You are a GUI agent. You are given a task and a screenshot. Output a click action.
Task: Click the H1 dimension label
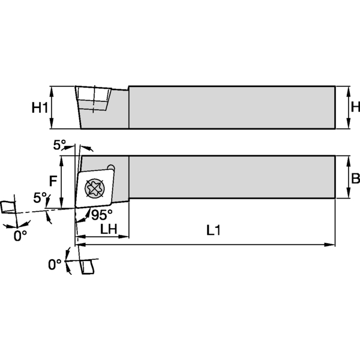pyautogui.click(x=40, y=108)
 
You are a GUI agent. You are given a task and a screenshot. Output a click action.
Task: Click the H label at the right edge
pyautogui.click(x=355, y=107)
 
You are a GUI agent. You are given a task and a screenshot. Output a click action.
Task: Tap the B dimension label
pyautogui.click(x=355, y=178)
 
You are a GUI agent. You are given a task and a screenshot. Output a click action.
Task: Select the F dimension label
pyautogui.click(x=53, y=180)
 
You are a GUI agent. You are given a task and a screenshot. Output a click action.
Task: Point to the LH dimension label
pyautogui.click(x=108, y=230)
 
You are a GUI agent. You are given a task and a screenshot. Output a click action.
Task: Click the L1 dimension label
pyautogui.click(x=214, y=230)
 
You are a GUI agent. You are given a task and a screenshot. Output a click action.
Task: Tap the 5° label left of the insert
pyautogui.click(x=40, y=197)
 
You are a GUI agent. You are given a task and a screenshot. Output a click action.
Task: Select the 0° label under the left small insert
pyautogui.click(x=20, y=236)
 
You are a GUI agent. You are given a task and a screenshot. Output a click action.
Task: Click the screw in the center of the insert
pyautogui.click(x=96, y=187)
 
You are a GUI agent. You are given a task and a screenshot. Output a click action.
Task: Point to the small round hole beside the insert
pyautogui.click(x=111, y=168)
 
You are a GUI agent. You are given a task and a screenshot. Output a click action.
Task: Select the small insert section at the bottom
pyautogui.click(x=86, y=266)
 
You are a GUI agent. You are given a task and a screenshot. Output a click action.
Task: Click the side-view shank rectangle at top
pyautogui.click(x=231, y=107)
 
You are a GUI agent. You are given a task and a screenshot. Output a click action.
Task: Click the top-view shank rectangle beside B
pyautogui.click(x=231, y=177)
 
